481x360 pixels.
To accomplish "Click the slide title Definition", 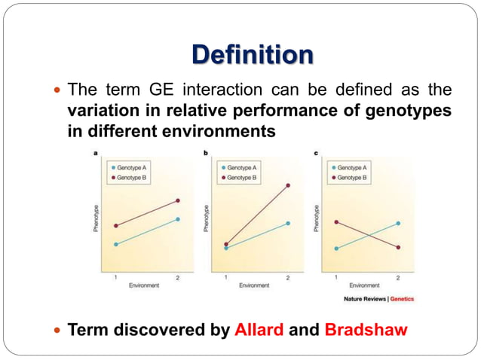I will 252,55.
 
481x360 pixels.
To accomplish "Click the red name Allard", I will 259,329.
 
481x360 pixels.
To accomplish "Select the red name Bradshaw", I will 366,329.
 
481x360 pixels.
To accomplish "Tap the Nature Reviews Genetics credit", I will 378,299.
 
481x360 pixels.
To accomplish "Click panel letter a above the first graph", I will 96,154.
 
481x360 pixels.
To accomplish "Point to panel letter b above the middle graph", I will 207,154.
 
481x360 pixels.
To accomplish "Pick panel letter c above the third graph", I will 317,154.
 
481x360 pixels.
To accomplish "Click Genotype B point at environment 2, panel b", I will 288,185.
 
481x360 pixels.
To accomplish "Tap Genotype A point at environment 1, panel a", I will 115,244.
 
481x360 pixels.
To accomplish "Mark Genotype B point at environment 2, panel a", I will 178,200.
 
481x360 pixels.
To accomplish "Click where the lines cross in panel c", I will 366,235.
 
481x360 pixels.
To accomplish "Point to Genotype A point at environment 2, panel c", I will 398,223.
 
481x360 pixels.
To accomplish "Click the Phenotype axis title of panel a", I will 96,218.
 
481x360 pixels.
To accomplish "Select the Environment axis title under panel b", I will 254,285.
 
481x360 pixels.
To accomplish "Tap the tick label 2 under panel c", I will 398,278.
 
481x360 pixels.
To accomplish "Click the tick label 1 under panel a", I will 115,278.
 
